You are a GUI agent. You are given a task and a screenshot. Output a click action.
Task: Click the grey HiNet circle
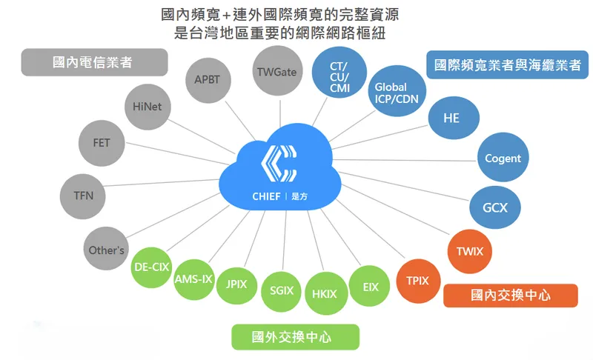click(x=148, y=107)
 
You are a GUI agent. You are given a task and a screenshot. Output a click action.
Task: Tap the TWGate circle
click(x=276, y=73)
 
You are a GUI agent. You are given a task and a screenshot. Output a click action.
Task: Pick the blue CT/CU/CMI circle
click(x=339, y=76)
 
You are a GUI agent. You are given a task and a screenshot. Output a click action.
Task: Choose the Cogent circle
click(x=503, y=158)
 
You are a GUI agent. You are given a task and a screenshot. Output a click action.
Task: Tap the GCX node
click(x=494, y=207)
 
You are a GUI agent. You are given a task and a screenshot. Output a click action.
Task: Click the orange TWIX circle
click(x=469, y=252)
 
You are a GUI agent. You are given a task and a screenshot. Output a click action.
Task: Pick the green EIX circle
click(x=371, y=286)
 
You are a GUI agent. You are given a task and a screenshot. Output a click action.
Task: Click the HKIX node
click(x=324, y=294)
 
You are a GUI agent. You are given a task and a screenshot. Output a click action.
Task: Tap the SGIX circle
click(x=282, y=292)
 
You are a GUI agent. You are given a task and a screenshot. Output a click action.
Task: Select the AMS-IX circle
click(x=193, y=279)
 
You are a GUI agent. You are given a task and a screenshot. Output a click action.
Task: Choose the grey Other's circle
click(x=107, y=250)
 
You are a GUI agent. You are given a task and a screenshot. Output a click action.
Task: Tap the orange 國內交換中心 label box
click(x=510, y=295)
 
